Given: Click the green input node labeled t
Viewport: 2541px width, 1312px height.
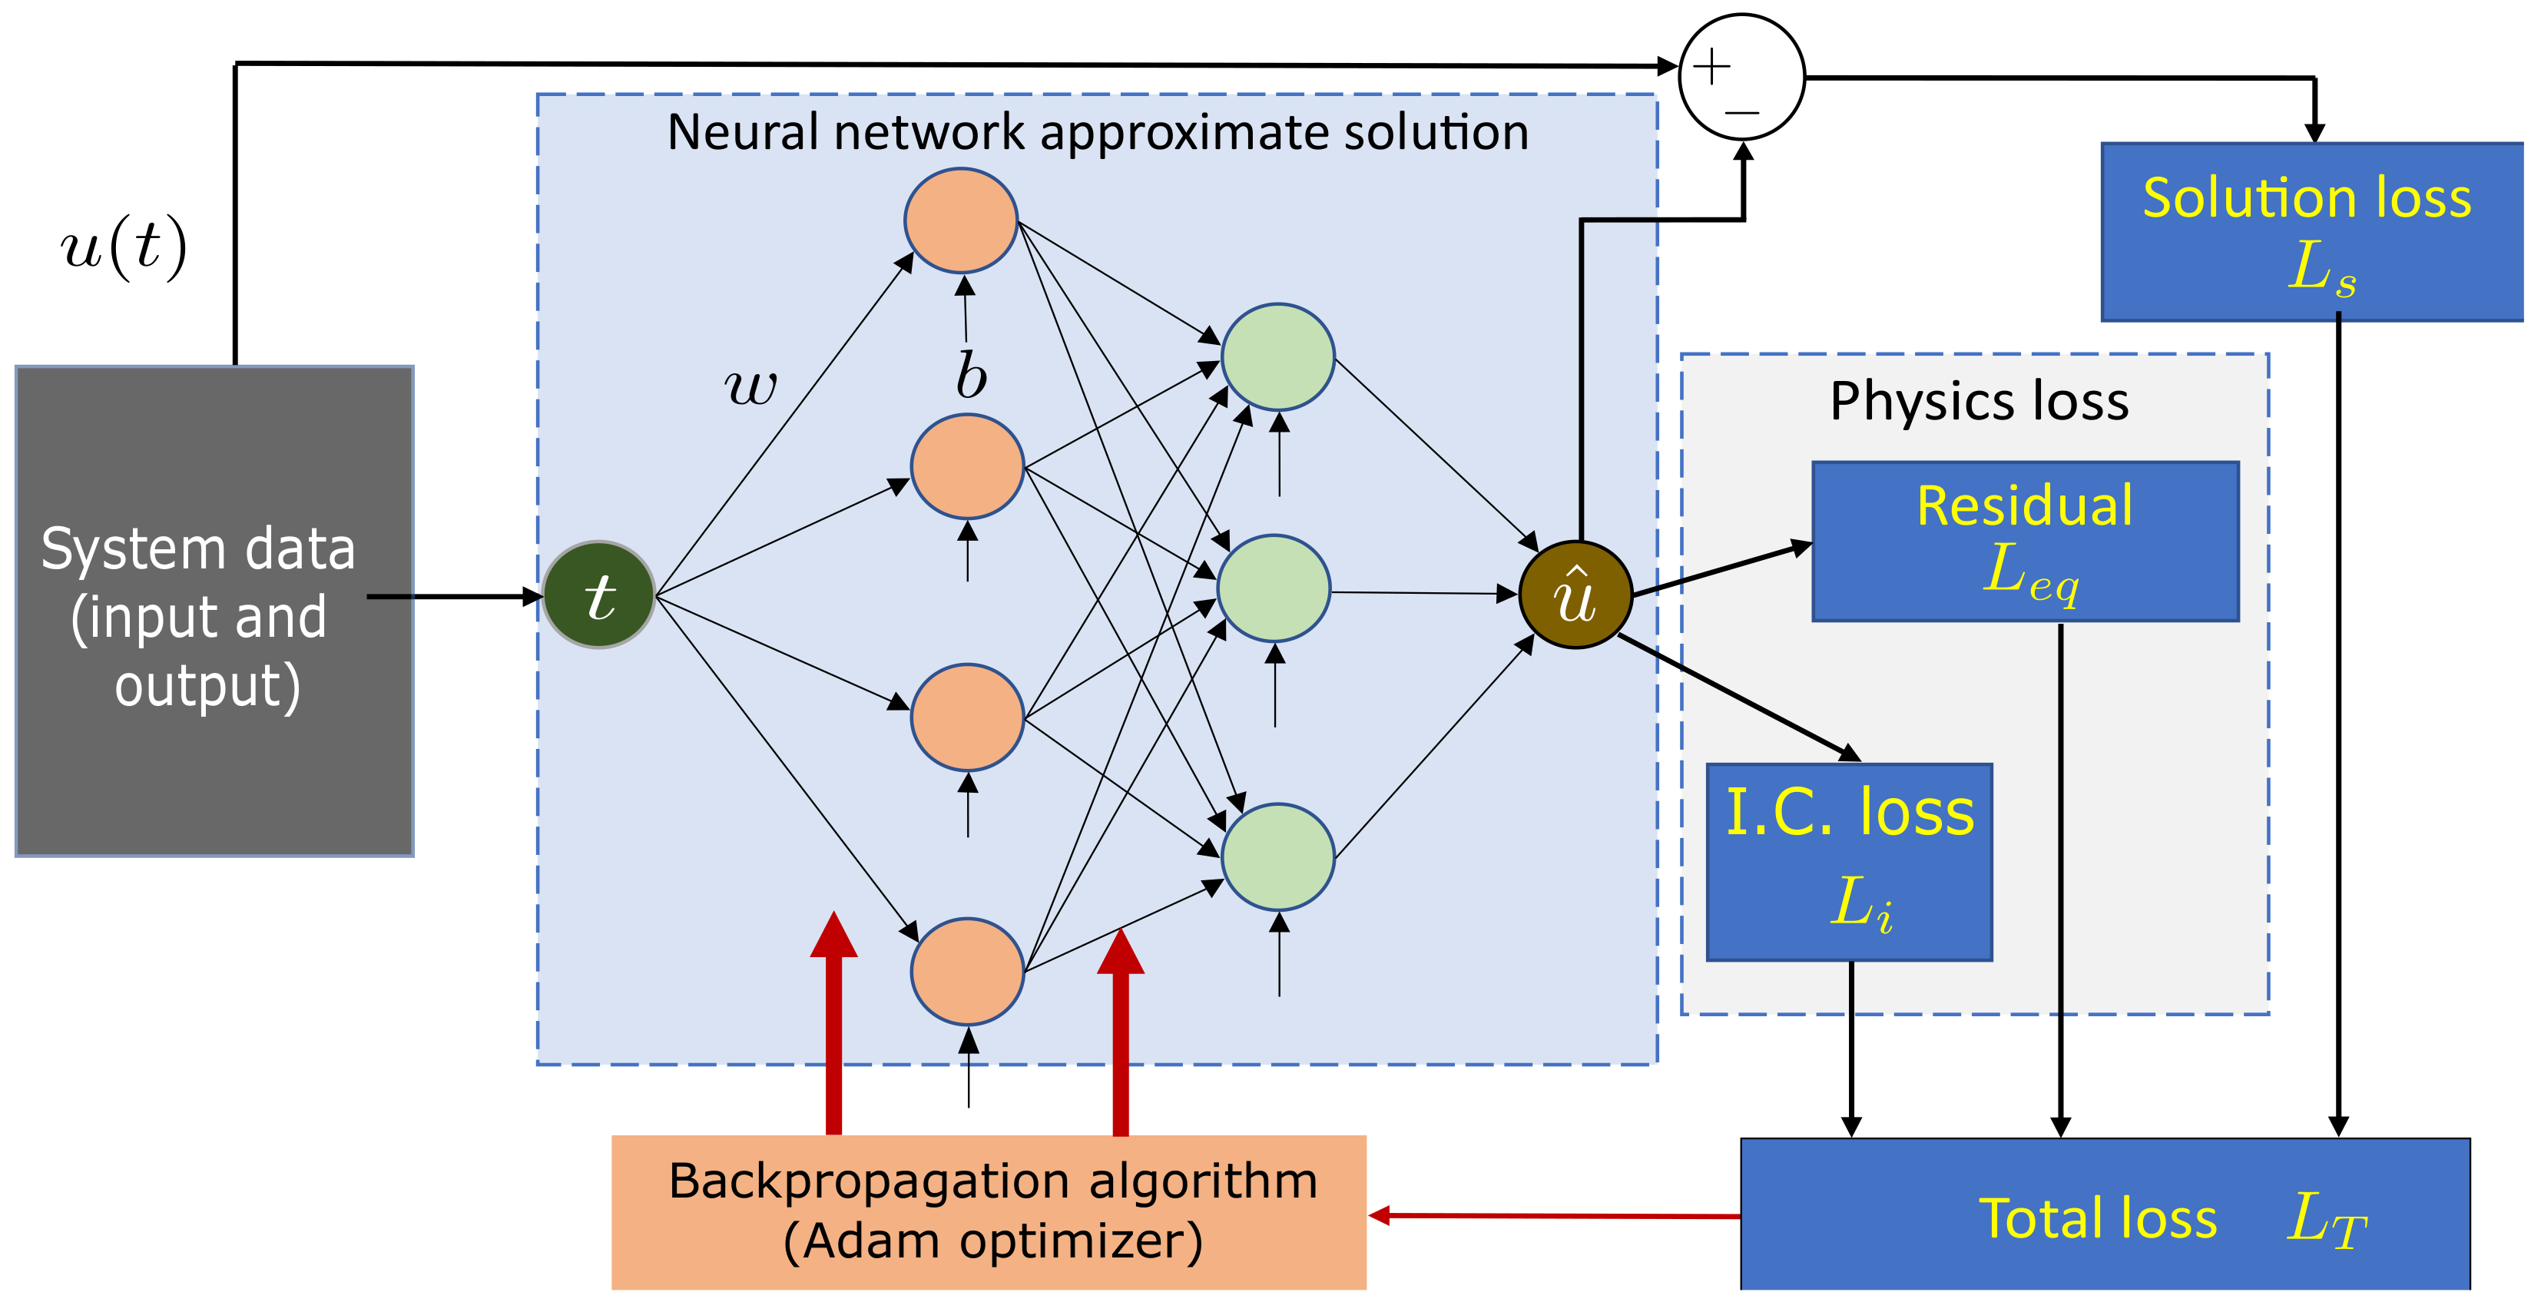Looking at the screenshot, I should [x=598, y=595].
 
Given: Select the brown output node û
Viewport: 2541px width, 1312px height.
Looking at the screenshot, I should [x=1575, y=595].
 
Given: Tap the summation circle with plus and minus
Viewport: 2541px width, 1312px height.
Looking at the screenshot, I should [x=1741, y=77].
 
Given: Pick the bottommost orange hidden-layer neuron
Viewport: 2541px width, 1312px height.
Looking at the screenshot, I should [x=966, y=971].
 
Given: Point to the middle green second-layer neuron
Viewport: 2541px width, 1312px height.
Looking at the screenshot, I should [x=1274, y=589].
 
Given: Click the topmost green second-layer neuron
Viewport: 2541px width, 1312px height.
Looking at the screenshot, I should [x=1277, y=357].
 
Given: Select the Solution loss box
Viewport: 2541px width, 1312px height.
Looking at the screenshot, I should [x=2311, y=232].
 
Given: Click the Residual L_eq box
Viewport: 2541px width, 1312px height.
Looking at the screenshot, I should [x=2025, y=542].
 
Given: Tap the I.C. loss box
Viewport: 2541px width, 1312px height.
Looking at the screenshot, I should [x=1849, y=861].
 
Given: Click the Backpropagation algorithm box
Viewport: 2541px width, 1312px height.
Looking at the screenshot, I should [x=989, y=1211].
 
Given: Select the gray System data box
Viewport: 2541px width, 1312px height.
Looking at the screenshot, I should [x=214, y=611].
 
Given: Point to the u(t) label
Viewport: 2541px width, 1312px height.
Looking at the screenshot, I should [x=124, y=247].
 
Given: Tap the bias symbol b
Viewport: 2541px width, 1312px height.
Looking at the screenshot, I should [x=971, y=376].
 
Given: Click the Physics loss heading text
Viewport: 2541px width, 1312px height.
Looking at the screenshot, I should [x=1979, y=402].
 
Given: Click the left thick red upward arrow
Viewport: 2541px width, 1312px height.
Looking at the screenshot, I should [x=833, y=1026].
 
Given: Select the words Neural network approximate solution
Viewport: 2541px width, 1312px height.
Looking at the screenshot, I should [x=1097, y=132].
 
